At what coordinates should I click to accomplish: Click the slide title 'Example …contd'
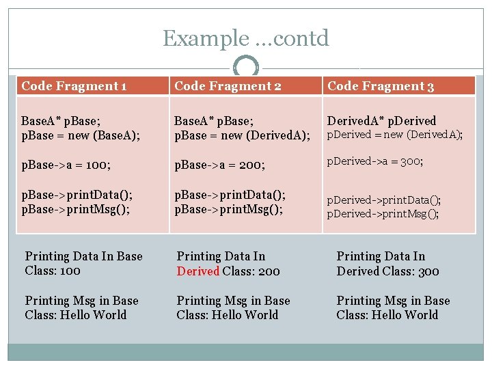point(245,38)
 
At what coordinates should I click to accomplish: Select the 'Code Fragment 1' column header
point(74,86)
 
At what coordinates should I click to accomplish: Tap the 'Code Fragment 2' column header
point(228,86)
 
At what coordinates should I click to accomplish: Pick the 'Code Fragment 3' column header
point(381,86)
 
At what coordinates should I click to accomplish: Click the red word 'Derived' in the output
point(197,271)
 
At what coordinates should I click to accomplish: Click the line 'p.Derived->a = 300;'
point(374,161)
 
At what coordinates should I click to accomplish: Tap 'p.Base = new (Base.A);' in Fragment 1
point(81,135)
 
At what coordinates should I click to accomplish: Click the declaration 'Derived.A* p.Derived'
point(381,121)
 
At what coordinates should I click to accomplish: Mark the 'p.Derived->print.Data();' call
point(383,200)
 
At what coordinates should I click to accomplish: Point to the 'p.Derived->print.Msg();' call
point(383,213)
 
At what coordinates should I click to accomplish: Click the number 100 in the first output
point(70,271)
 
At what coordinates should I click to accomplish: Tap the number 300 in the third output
point(428,271)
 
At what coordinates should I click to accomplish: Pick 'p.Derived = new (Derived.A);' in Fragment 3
point(394,135)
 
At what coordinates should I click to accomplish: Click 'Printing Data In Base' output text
point(83,256)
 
